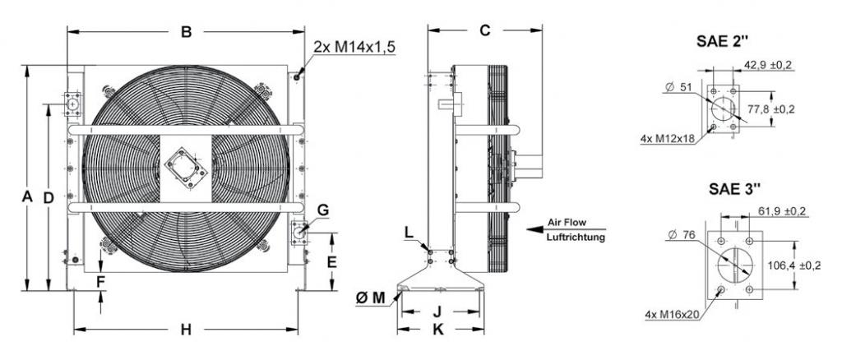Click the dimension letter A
pos(27,197)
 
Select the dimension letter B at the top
pos(186,32)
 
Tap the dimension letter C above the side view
pos(485,30)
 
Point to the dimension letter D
pos(49,198)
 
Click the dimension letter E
pos(332,262)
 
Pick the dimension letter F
pos(100,281)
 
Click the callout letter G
pos(322,210)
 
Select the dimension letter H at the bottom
pos(186,330)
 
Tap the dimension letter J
pos(437,312)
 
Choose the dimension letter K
pos(438,330)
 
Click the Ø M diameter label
pos(371,298)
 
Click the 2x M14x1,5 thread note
pos(354,47)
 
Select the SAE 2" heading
pos(722,41)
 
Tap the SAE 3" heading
pos(734,189)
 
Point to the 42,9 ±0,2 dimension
pos(768,65)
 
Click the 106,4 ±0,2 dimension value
pos(794,265)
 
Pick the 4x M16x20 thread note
pos(672,315)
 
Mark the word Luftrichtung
pos(576,238)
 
